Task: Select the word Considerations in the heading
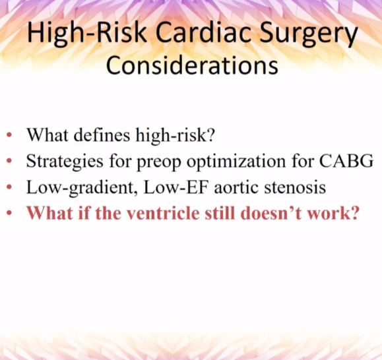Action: coord(192,65)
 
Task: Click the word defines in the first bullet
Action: coord(102,135)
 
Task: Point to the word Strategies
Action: coord(65,162)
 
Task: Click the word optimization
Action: coord(236,162)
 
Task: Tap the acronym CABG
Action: coord(346,161)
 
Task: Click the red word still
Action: coord(220,213)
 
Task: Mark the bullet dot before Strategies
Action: coord(9,161)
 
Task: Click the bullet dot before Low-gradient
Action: coord(9,187)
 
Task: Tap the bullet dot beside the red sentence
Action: coord(9,213)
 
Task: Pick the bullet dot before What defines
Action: coord(9,135)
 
